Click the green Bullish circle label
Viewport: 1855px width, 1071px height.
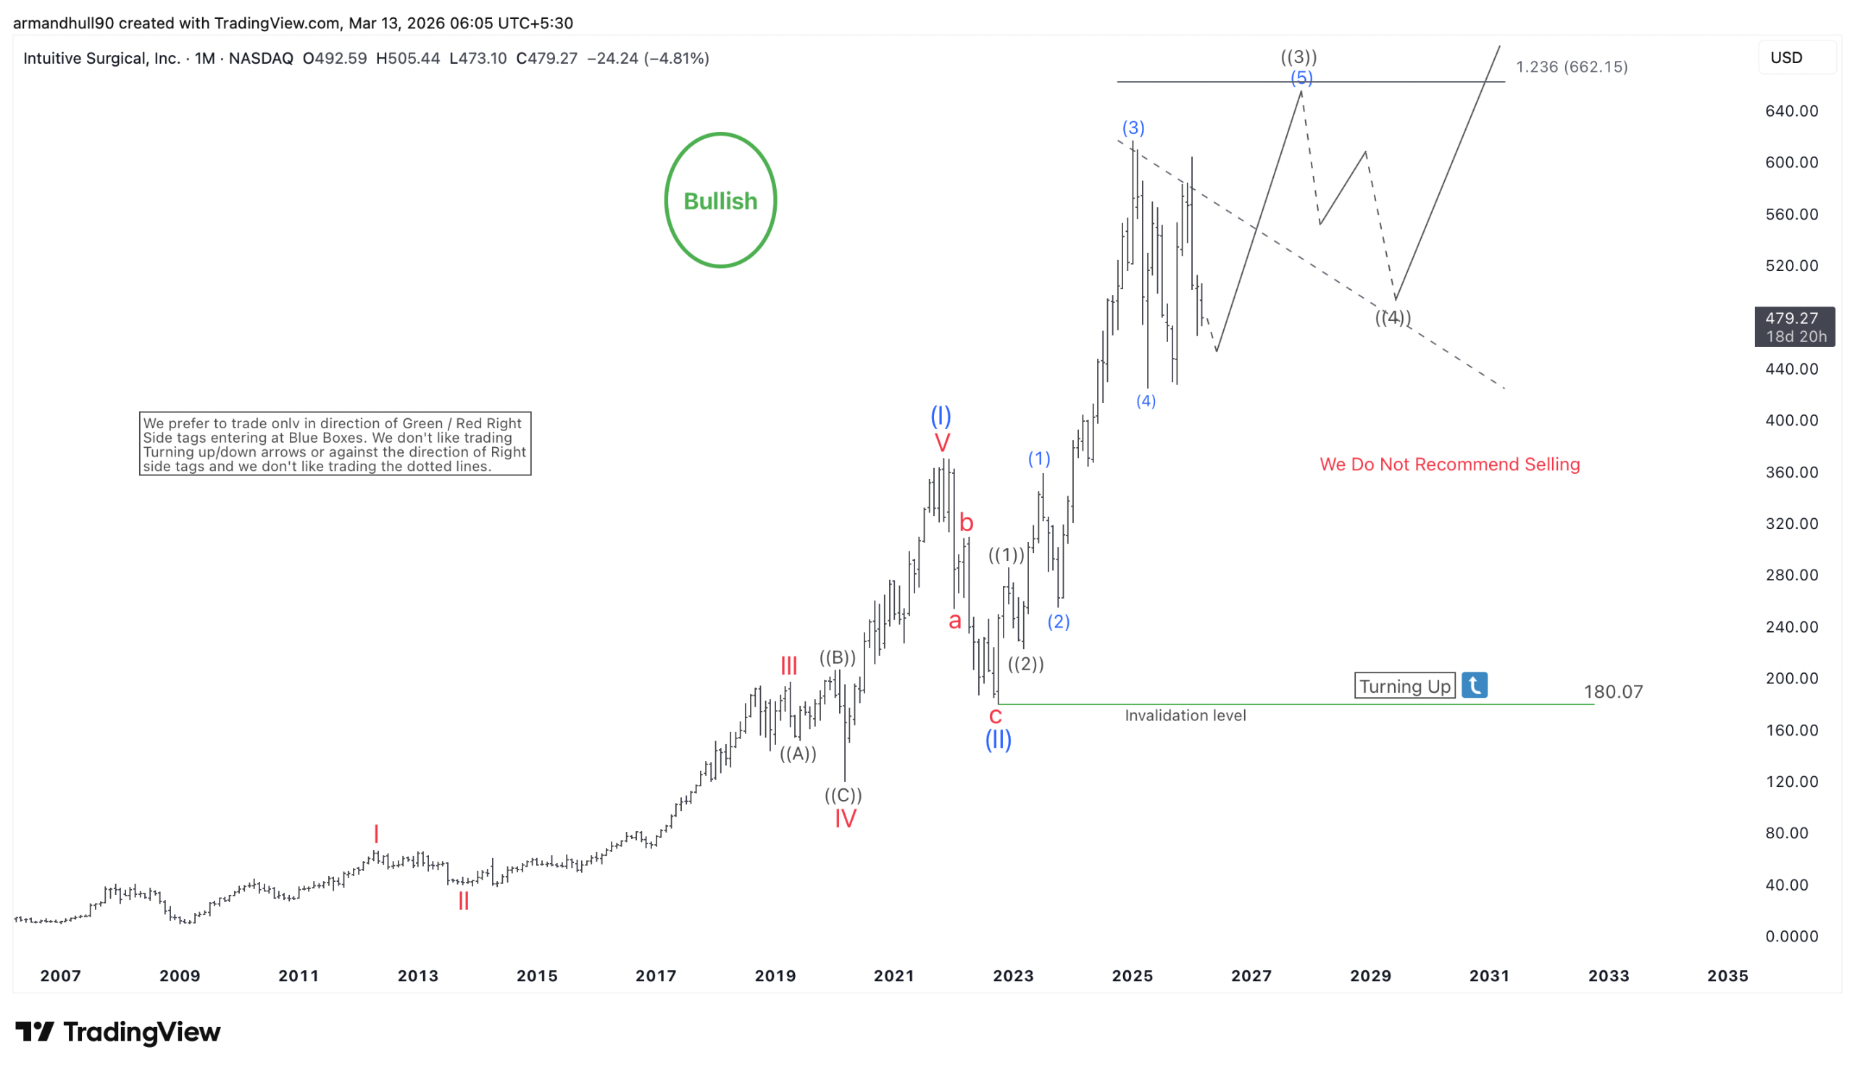click(720, 200)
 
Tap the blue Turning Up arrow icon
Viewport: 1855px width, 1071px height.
click(1474, 685)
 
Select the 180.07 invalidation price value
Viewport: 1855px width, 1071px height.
click(1612, 691)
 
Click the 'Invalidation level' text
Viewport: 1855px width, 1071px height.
click(1185, 715)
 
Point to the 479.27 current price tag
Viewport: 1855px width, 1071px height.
click(1794, 327)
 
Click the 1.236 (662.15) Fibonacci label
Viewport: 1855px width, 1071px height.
click(1571, 67)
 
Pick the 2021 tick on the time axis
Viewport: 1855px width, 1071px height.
click(893, 975)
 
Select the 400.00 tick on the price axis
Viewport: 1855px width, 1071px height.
click(1791, 420)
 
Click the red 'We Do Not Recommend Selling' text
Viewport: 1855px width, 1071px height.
click(1449, 464)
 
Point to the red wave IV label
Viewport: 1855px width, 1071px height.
click(845, 818)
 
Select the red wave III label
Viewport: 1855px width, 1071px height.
click(788, 666)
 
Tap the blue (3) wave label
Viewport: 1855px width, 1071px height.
click(1133, 128)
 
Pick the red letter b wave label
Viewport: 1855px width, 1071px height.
click(966, 523)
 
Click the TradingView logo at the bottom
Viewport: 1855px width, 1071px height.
click(117, 1031)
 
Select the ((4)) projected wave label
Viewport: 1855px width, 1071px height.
click(1393, 318)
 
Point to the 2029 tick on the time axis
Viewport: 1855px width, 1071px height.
click(1370, 975)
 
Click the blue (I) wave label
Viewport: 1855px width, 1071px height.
click(941, 416)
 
